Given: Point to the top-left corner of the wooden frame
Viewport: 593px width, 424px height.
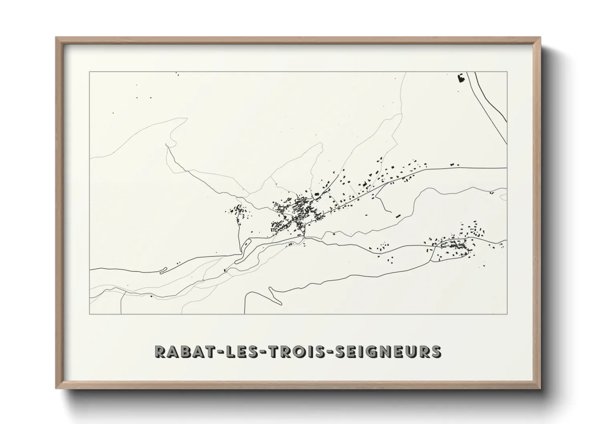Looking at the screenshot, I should [56, 37].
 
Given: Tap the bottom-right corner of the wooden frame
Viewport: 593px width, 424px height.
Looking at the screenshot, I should [541, 388].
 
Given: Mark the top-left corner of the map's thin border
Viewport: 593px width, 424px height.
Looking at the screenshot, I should [89, 72].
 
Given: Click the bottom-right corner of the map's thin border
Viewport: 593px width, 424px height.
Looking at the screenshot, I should [507, 314].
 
